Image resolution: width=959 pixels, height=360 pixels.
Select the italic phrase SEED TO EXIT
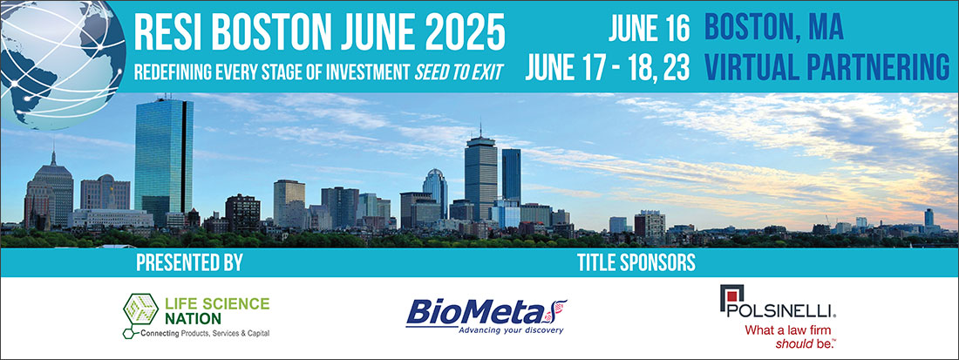click(459, 72)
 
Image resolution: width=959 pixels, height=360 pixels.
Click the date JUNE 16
click(650, 29)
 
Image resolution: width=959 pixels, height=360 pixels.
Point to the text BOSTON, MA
click(773, 28)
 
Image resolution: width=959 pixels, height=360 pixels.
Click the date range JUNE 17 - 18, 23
click(608, 68)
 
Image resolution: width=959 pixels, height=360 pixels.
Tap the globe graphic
click(62, 61)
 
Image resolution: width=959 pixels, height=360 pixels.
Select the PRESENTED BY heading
click(189, 263)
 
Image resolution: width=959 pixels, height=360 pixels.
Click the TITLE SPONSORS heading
click(636, 263)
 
